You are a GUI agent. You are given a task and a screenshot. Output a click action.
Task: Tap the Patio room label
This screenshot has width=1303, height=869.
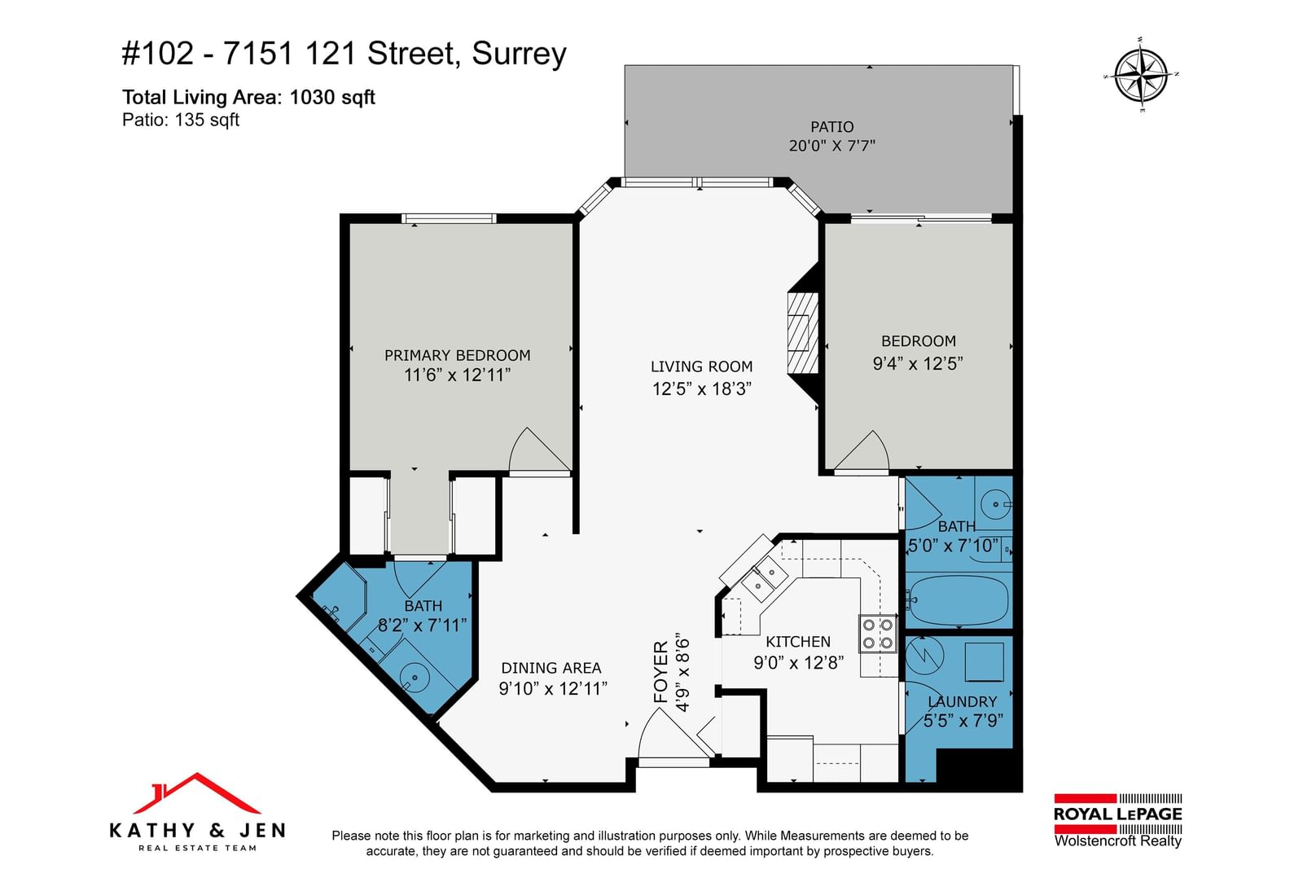point(831,127)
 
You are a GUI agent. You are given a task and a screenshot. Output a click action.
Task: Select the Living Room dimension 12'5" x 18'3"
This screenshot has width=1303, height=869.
point(701,388)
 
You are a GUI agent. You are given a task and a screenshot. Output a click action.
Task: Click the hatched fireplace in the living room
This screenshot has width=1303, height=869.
point(803,333)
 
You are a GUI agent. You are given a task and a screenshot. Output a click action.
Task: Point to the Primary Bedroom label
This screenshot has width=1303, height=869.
point(457,355)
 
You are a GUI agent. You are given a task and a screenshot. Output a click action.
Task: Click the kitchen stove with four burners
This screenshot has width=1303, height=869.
point(878,634)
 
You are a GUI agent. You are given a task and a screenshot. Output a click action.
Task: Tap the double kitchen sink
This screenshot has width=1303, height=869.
point(764,578)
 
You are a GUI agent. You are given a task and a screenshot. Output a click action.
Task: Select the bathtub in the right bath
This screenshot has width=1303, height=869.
point(958,599)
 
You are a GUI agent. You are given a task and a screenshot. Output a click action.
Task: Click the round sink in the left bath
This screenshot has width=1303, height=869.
point(415,677)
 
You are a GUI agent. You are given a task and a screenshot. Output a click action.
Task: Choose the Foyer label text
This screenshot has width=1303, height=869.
point(661,672)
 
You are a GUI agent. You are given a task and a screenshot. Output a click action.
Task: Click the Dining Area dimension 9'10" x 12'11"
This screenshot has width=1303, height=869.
point(553,689)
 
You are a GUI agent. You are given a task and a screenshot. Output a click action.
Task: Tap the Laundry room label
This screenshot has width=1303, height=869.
point(962,701)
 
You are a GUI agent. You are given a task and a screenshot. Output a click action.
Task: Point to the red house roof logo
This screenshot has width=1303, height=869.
point(196,793)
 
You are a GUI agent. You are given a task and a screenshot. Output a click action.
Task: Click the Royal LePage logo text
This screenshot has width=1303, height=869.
point(1117,814)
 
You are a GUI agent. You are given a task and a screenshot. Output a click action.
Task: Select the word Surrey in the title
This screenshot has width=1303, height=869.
point(519,54)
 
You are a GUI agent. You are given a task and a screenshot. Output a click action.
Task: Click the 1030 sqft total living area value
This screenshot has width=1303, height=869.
point(332,97)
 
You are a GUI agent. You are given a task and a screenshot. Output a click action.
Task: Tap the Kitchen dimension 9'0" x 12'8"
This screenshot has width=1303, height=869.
point(799,662)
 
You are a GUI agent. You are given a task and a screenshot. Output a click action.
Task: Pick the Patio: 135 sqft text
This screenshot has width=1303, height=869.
point(180,120)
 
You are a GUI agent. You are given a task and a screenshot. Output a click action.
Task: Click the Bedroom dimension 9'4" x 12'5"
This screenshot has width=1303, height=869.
point(917,363)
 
